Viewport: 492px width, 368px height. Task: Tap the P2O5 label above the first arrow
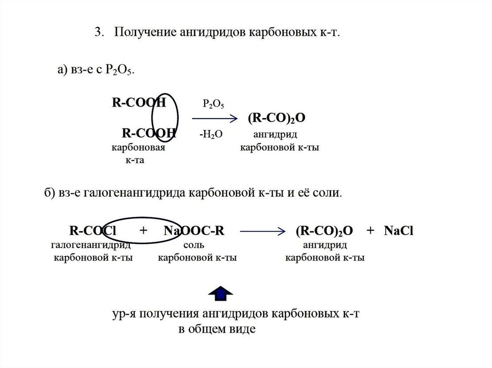(x=213, y=104)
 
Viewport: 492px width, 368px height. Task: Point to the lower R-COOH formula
(x=149, y=133)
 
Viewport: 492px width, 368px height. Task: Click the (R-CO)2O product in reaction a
(x=277, y=118)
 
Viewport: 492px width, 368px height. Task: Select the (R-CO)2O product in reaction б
(x=324, y=231)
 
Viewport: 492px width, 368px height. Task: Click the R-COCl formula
(x=93, y=231)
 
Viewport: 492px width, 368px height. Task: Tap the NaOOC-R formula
(x=194, y=231)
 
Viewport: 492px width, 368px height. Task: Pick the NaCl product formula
(x=399, y=231)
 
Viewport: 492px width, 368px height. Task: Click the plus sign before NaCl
(x=370, y=231)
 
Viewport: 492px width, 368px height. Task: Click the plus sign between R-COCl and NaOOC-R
(x=143, y=231)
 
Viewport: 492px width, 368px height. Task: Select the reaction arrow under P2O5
(x=214, y=118)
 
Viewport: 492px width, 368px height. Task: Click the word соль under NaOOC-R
(x=194, y=246)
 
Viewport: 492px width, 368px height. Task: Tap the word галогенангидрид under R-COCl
(x=91, y=246)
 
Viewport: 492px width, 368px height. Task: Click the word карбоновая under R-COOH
(x=138, y=148)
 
